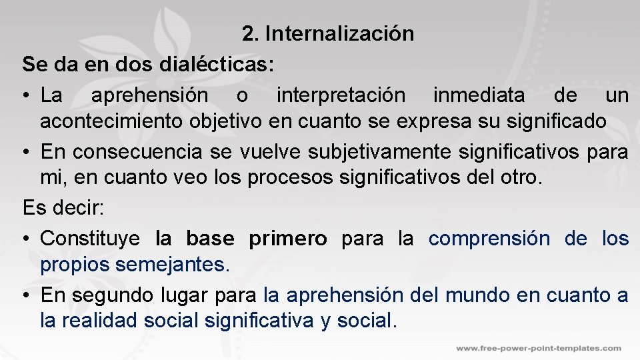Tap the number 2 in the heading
(x=249, y=33)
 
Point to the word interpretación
(x=340, y=95)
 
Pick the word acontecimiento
(x=113, y=121)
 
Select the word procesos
(x=301, y=178)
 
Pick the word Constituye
(x=90, y=239)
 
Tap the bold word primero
(x=288, y=239)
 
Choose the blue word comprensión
(x=489, y=239)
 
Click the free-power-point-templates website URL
(x=539, y=348)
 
